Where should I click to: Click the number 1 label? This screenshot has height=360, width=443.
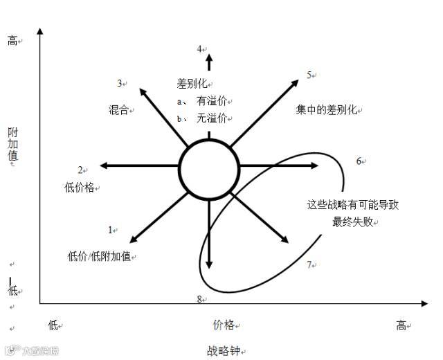[110, 230]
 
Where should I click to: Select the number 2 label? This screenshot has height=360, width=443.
[80, 170]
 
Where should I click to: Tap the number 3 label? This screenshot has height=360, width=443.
[120, 84]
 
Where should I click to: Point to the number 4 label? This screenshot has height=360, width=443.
[199, 49]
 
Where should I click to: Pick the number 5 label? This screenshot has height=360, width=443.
[309, 75]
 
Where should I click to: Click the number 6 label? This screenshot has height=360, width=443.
[359, 161]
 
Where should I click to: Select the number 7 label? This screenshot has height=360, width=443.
[309, 264]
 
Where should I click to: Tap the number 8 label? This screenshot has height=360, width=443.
[199, 299]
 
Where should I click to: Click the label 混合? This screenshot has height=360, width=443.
[118, 109]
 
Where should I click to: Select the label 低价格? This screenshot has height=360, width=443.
[79, 187]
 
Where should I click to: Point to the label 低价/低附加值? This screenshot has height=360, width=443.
[99, 256]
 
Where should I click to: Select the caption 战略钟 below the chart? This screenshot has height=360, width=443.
[221, 350]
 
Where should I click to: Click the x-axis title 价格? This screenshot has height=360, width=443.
[223, 325]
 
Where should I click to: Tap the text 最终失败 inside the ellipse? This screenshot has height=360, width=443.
[353, 222]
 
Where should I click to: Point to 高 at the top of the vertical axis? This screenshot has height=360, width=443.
[12, 41]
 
